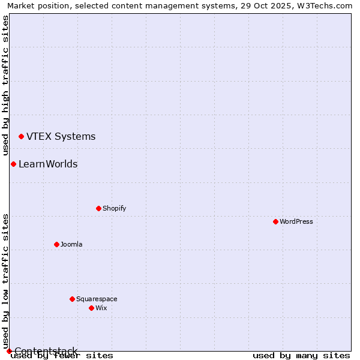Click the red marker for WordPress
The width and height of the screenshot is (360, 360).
coord(275,221)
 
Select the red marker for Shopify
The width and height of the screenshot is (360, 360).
coord(98,208)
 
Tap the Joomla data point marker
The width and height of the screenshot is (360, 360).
coord(56,244)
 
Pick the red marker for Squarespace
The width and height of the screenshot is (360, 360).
coord(72,299)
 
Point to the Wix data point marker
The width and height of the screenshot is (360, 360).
coord(91,308)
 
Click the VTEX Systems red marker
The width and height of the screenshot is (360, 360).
coord(21,137)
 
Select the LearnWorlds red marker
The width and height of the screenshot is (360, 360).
coord(13,164)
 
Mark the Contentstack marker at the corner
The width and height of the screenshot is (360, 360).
coord(9,351)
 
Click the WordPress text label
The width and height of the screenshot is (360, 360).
coord(296,221)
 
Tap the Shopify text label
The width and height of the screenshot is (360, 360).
coord(114,208)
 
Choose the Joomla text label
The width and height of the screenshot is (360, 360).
coord(71,244)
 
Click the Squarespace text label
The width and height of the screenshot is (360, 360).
coord(97,299)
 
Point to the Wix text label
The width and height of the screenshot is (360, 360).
coord(101,308)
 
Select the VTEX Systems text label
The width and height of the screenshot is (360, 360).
coord(61,137)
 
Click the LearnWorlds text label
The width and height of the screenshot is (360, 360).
coord(48,164)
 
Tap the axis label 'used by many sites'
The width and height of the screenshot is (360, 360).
coord(301,355)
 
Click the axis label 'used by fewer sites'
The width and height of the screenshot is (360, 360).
coord(62,355)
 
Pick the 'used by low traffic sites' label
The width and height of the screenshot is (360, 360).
coord(5,281)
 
